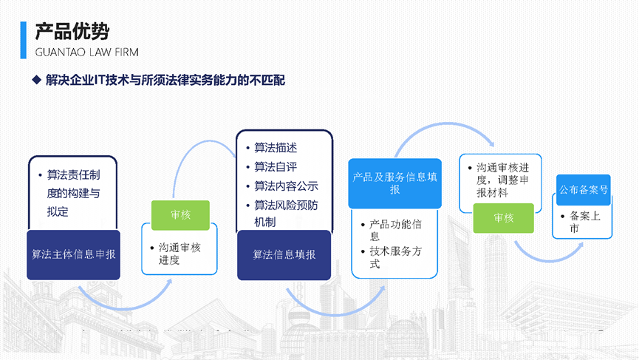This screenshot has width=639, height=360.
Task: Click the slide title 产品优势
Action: (x=72, y=31)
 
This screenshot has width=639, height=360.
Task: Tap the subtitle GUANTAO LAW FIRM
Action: (x=86, y=52)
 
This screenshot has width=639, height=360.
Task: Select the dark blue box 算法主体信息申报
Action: (x=73, y=254)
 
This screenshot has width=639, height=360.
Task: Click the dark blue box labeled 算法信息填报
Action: (x=284, y=254)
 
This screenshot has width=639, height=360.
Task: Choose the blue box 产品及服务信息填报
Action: (x=394, y=183)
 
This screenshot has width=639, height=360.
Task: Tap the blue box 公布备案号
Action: (x=584, y=190)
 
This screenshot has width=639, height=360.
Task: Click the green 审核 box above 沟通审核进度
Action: (x=180, y=215)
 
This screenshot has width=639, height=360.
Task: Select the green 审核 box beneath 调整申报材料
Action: (x=504, y=218)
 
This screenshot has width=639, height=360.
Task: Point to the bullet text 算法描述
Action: (x=276, y=148)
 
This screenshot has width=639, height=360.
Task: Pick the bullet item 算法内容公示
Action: (x=286, y=186)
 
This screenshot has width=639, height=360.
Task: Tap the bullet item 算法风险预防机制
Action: (x=286, y=213)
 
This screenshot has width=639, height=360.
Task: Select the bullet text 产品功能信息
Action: (x=394, y=230)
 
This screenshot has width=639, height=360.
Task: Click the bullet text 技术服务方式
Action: (x=394, y=257)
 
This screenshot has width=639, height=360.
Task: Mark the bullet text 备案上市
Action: (x=585, y=223)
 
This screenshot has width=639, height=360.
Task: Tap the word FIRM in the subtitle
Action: (x=123, y=52)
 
